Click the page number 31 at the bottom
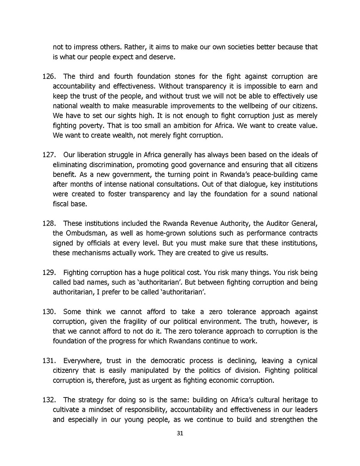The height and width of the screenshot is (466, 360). pos(180,433)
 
